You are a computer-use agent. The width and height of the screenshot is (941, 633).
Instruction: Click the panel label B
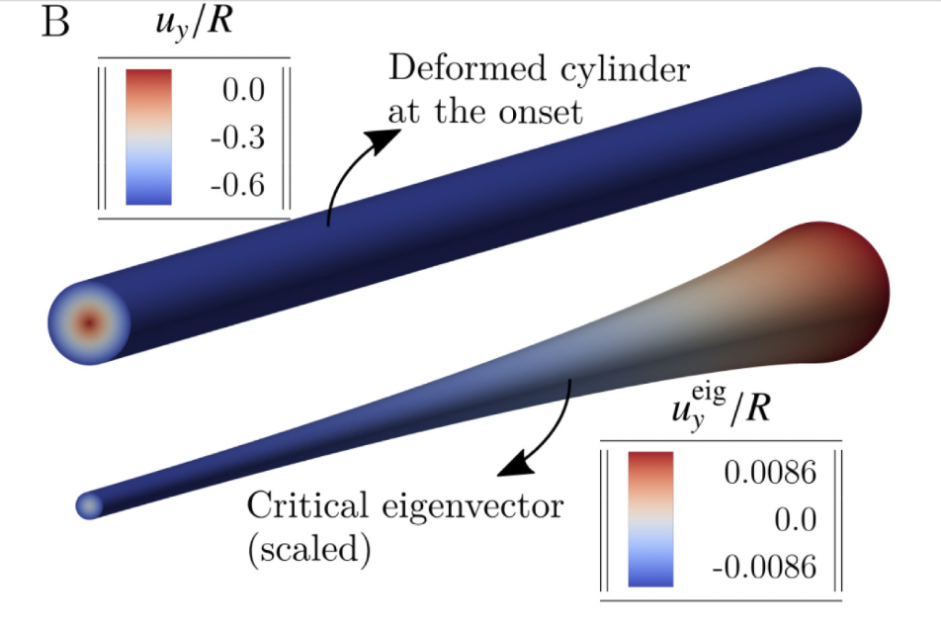pyautogui.click(x=55, y=23)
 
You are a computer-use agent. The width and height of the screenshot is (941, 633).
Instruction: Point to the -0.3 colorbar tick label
pyautogui.click(x=238, y=137)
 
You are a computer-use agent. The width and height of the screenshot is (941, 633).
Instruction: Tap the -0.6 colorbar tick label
pyautogui.click(x=238, y=185)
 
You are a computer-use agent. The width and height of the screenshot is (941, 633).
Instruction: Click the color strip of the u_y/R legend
pyautogui.click(x=148, y=136)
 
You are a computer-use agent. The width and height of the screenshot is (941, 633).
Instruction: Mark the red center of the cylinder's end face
pyautogui.click(x=89, y=322)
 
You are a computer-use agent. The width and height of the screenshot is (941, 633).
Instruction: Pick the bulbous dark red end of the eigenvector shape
pyautogui.click(x=840, y=292)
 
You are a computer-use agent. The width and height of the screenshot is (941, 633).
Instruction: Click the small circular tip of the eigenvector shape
pyautogui.click(x=89, y=505)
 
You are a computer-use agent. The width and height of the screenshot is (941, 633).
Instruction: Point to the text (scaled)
pyautogui.click(x=307, y=550)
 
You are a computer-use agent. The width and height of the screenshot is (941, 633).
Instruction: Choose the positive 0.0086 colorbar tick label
pyautogui.click(x=771, y=474)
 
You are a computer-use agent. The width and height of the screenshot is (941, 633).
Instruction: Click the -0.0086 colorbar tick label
pyautogui.click(x=765, y=567)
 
